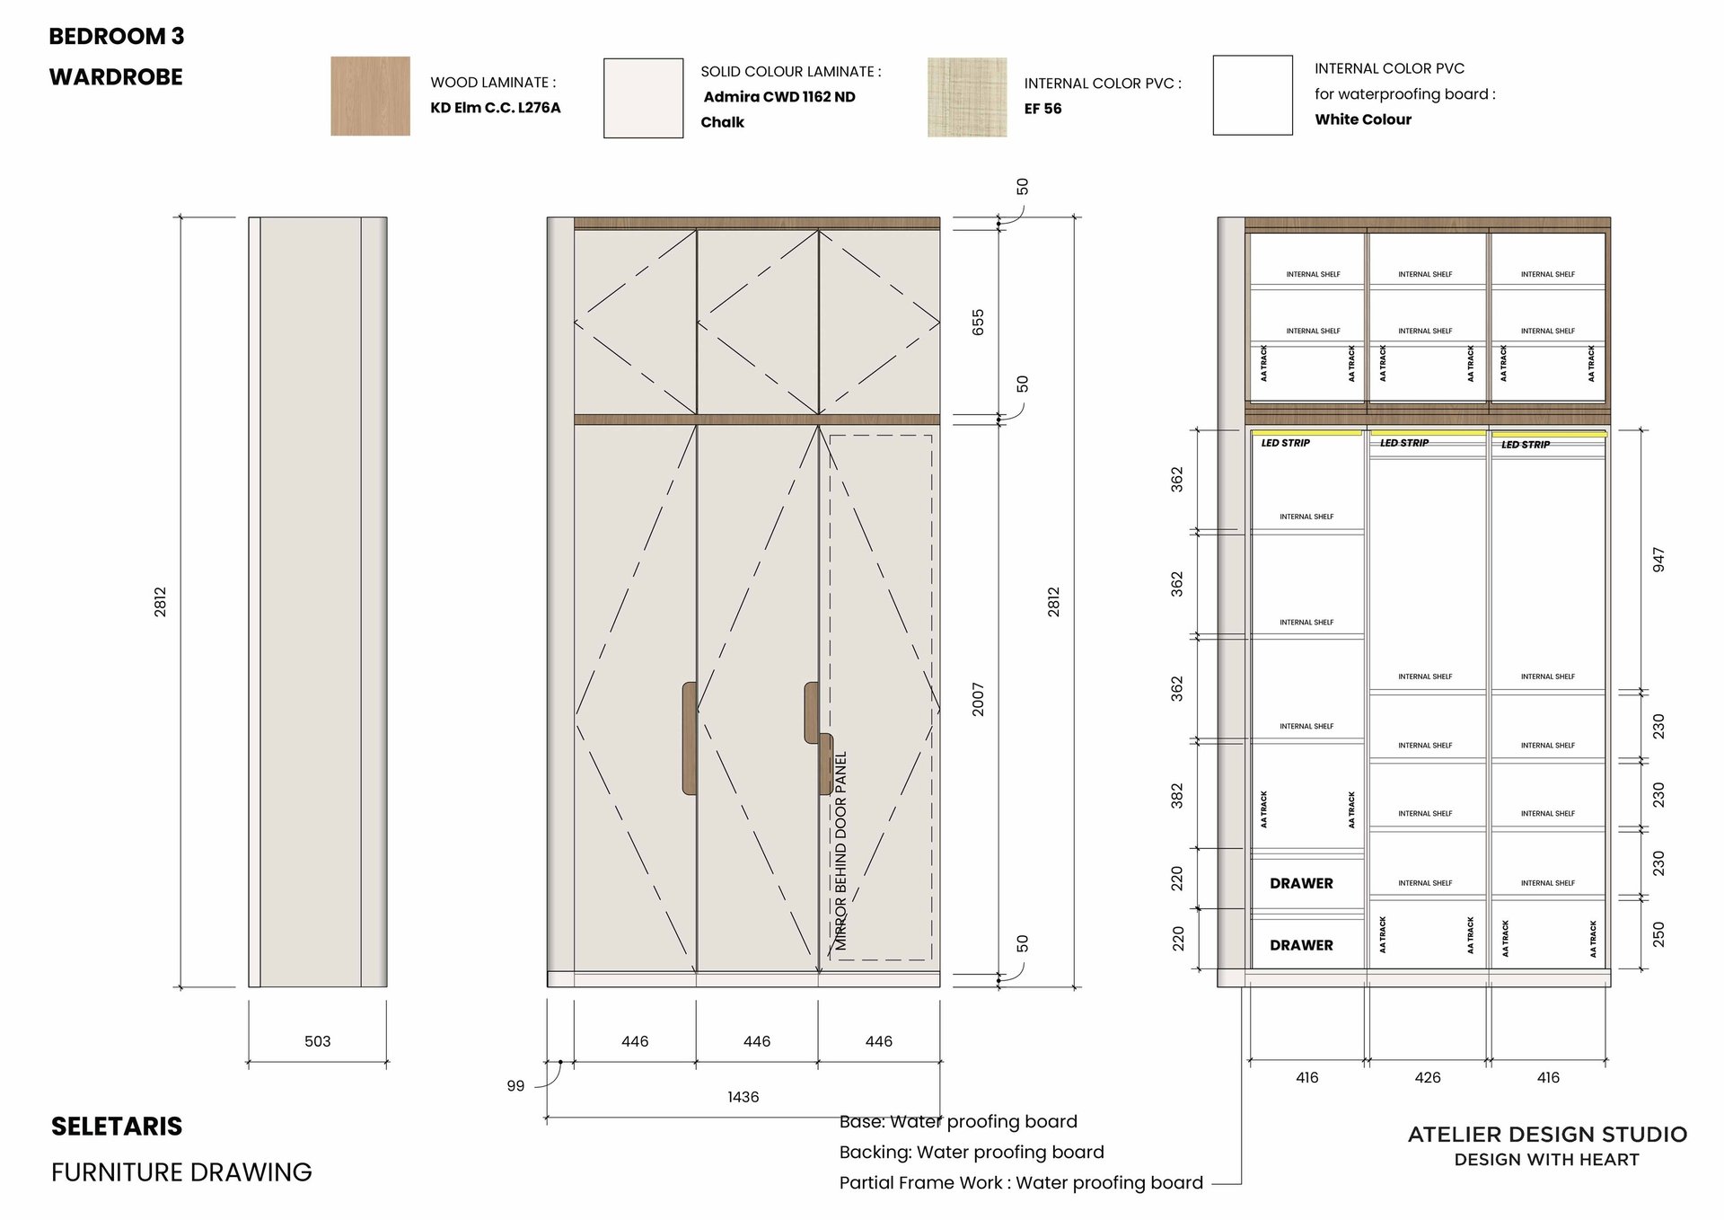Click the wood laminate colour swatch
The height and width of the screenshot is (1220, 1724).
point(370,96)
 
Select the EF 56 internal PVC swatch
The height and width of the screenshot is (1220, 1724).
point(966,97)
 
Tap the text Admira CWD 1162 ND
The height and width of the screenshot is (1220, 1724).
point(778,97)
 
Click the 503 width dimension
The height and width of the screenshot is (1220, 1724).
point(318,1041)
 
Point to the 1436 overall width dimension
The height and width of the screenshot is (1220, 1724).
point(743,1097)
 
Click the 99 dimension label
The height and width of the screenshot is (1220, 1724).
point(515,1086)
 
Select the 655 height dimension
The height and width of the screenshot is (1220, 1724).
point(978,322)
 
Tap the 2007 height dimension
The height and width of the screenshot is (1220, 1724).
point(978,699)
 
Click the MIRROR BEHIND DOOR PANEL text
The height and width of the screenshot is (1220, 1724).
point(841,850)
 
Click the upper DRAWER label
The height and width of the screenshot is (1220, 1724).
point(1301,884)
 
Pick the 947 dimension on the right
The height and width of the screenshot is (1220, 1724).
point(1658,560)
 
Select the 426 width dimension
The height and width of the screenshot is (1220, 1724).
point(1428,1077)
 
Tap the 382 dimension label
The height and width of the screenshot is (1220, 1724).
point(1177,796)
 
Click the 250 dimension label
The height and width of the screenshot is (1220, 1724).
point(1658,934)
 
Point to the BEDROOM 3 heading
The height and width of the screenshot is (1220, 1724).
point(117,37)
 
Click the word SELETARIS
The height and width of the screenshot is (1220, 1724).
point(117,1127)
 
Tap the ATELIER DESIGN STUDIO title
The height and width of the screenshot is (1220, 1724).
point(1547,1135)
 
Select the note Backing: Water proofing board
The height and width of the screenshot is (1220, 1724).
point(972,1153)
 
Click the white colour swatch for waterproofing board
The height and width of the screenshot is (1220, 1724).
point(1253,95)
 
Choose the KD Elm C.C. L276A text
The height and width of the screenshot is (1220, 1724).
point(496,108)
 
